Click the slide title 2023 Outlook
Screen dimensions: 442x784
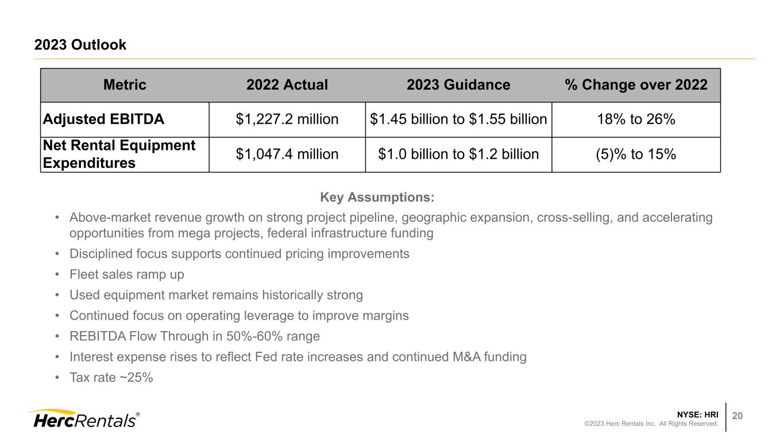pos(80,45)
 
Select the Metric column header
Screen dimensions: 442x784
pos(125,85)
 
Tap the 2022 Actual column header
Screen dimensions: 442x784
pos(287,85)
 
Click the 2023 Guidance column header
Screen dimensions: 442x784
pos(458,85)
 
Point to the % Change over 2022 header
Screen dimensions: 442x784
pos(636,85)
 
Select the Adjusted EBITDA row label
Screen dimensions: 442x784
pos(103,120)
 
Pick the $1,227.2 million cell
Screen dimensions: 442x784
pos(287,120)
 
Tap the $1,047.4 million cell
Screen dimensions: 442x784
pos(287,154)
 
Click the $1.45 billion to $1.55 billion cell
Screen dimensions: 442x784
pos(458,120)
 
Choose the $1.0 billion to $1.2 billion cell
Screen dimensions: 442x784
pos(458,154)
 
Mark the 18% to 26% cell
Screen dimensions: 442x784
pos(636,120)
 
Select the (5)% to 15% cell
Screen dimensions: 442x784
pos(636,154)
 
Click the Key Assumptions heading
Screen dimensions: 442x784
pos(377,198)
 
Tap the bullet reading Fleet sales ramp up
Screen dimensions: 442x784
pos(126,275)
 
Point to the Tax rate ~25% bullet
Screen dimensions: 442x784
pos(111,378)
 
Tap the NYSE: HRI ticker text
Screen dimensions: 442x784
pos(697,414)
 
